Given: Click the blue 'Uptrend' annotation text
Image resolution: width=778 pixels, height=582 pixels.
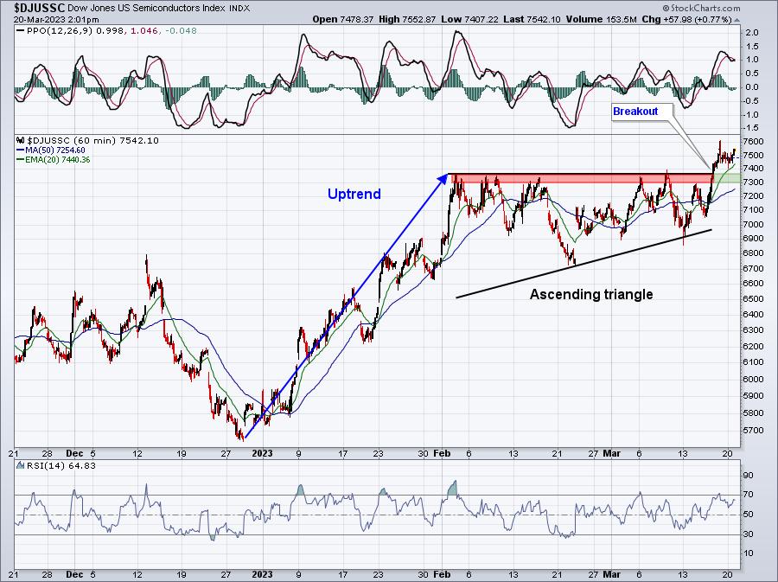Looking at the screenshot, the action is pos(354,194).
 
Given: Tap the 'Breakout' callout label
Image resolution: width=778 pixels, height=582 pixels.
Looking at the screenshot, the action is pos(635,112).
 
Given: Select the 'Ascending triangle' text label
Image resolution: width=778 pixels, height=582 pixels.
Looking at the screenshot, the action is pos(591,295).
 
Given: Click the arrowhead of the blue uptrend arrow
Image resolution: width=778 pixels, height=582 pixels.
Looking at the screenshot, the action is pos(443,179).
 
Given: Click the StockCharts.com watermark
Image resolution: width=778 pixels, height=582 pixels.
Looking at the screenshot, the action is pos(702,8).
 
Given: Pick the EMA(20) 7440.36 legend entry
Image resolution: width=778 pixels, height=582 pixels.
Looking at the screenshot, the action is pos(54,160).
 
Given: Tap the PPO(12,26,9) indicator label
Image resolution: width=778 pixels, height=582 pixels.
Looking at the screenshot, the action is pos(54,31).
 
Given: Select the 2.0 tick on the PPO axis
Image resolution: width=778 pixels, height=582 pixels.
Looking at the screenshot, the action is pos(752,33).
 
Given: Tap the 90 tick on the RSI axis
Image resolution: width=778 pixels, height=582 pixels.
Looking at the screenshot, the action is pos(749,476).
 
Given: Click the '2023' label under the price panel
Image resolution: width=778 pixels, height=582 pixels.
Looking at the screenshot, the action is pos(262,453).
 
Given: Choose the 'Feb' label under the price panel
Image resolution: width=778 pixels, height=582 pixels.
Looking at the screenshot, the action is pos(442,453).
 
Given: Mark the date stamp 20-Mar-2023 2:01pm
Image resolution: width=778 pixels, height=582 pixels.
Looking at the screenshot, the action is pos(56,20).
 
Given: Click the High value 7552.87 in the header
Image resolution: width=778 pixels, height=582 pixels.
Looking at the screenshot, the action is pos(418,19).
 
